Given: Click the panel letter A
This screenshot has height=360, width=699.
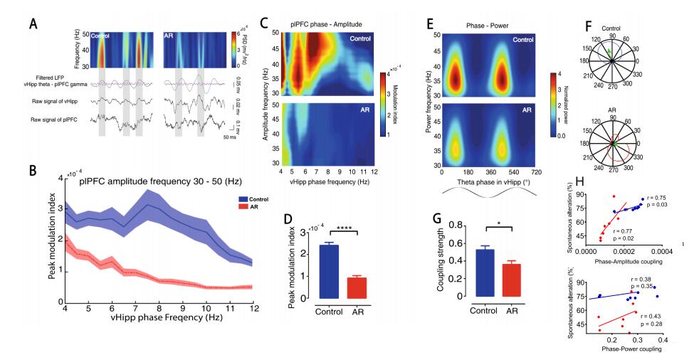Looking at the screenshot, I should click(x=33, y=23).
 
